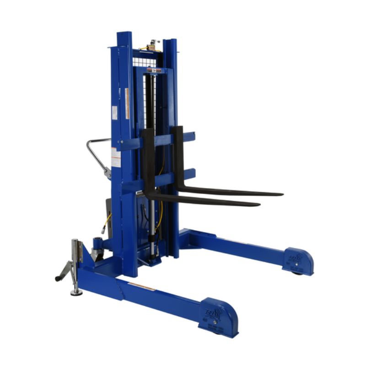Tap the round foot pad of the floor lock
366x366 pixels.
[x=76, y=291]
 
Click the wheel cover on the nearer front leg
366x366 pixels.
[x=218, y=316]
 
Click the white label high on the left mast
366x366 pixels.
[x=114, y=113]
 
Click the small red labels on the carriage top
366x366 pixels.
[x=154, y=70]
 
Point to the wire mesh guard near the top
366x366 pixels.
[x=144, y=61]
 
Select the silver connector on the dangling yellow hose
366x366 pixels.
[x=104, y=229]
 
